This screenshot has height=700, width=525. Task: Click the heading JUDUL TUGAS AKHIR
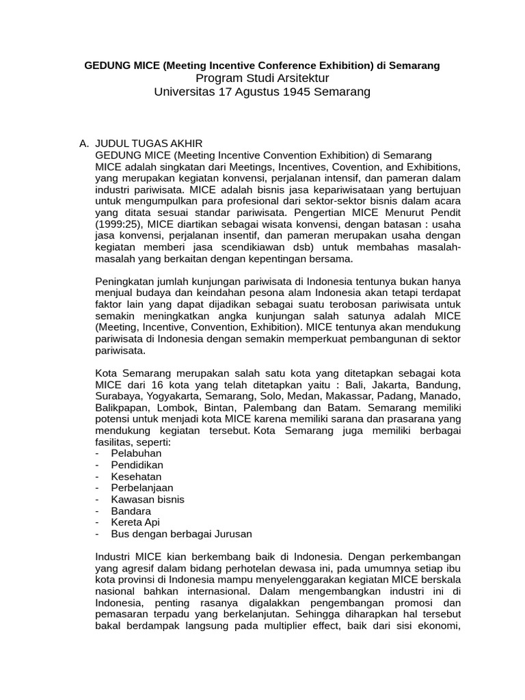click(x=149, y=144)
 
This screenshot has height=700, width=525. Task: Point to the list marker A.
click(x=84, y=144)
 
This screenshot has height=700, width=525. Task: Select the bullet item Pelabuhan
click(x=129, y=453)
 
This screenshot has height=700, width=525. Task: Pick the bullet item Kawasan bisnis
click(x=139, y=500)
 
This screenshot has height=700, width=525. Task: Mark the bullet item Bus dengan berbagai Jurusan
click(x=174, y=534)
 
